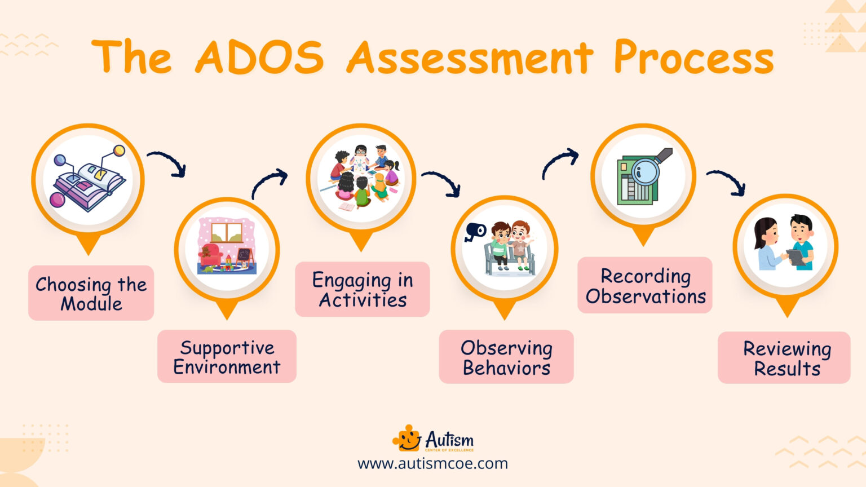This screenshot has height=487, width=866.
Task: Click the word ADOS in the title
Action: click(259, 57)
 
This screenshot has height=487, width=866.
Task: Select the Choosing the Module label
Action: click(91, 293)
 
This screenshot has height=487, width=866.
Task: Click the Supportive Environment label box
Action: click(227, 357)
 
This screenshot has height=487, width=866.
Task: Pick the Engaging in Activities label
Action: click(363, 289)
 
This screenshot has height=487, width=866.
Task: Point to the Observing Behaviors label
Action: click(506, 357)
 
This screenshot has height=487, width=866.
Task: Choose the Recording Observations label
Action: click(645, 285)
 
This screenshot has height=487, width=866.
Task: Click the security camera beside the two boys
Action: click(475, 232)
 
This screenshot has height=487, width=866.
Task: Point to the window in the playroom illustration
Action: click(227, 231)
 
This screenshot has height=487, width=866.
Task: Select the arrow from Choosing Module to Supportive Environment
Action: click(167, 162)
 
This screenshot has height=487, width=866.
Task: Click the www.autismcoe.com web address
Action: click(432, 464)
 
